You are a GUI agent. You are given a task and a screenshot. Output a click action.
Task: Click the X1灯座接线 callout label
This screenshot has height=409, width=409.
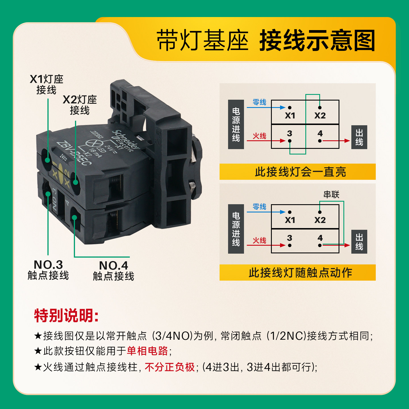pos(47,84)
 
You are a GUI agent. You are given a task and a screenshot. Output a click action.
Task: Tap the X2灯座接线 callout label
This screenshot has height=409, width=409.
pos(80,105)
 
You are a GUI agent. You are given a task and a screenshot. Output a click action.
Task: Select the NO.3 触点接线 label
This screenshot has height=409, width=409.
pos(48,270)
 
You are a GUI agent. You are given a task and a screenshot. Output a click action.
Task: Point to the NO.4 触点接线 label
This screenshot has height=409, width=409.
pos(113,271)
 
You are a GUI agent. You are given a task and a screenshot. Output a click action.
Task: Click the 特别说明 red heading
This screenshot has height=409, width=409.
pos(66,316)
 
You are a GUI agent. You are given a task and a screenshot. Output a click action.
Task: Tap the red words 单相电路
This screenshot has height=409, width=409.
pos(147,351)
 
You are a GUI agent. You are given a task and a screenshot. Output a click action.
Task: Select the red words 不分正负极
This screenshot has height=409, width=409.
pos(170,367)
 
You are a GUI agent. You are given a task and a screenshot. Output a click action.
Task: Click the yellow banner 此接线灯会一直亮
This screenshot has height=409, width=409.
pos(297,172)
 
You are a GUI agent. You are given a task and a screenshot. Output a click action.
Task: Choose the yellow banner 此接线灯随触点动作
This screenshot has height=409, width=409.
pos(297,273)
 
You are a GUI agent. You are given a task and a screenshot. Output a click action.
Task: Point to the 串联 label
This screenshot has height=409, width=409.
pos(331,195)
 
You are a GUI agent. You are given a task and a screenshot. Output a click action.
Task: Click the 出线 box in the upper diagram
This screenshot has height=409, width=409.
pos(359,137)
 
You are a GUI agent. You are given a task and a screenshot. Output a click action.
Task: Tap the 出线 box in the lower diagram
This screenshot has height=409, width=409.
pos(359,242)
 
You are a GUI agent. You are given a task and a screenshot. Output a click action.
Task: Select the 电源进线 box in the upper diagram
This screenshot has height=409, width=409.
pos(236,124)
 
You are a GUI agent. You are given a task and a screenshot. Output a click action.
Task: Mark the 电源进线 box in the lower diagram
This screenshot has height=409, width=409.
pos(236,229)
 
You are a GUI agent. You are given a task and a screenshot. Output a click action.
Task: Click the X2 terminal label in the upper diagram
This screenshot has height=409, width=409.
pos(320,116)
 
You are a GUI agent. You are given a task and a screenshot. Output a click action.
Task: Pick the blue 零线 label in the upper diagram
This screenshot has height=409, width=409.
pos(259,102)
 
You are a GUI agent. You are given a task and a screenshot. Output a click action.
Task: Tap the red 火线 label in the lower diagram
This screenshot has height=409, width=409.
pos(259,241)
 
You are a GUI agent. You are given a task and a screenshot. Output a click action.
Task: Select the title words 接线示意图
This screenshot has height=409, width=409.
pos(317,41)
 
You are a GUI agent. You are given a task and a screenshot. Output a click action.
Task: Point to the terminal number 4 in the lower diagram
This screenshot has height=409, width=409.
pos(320,238)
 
